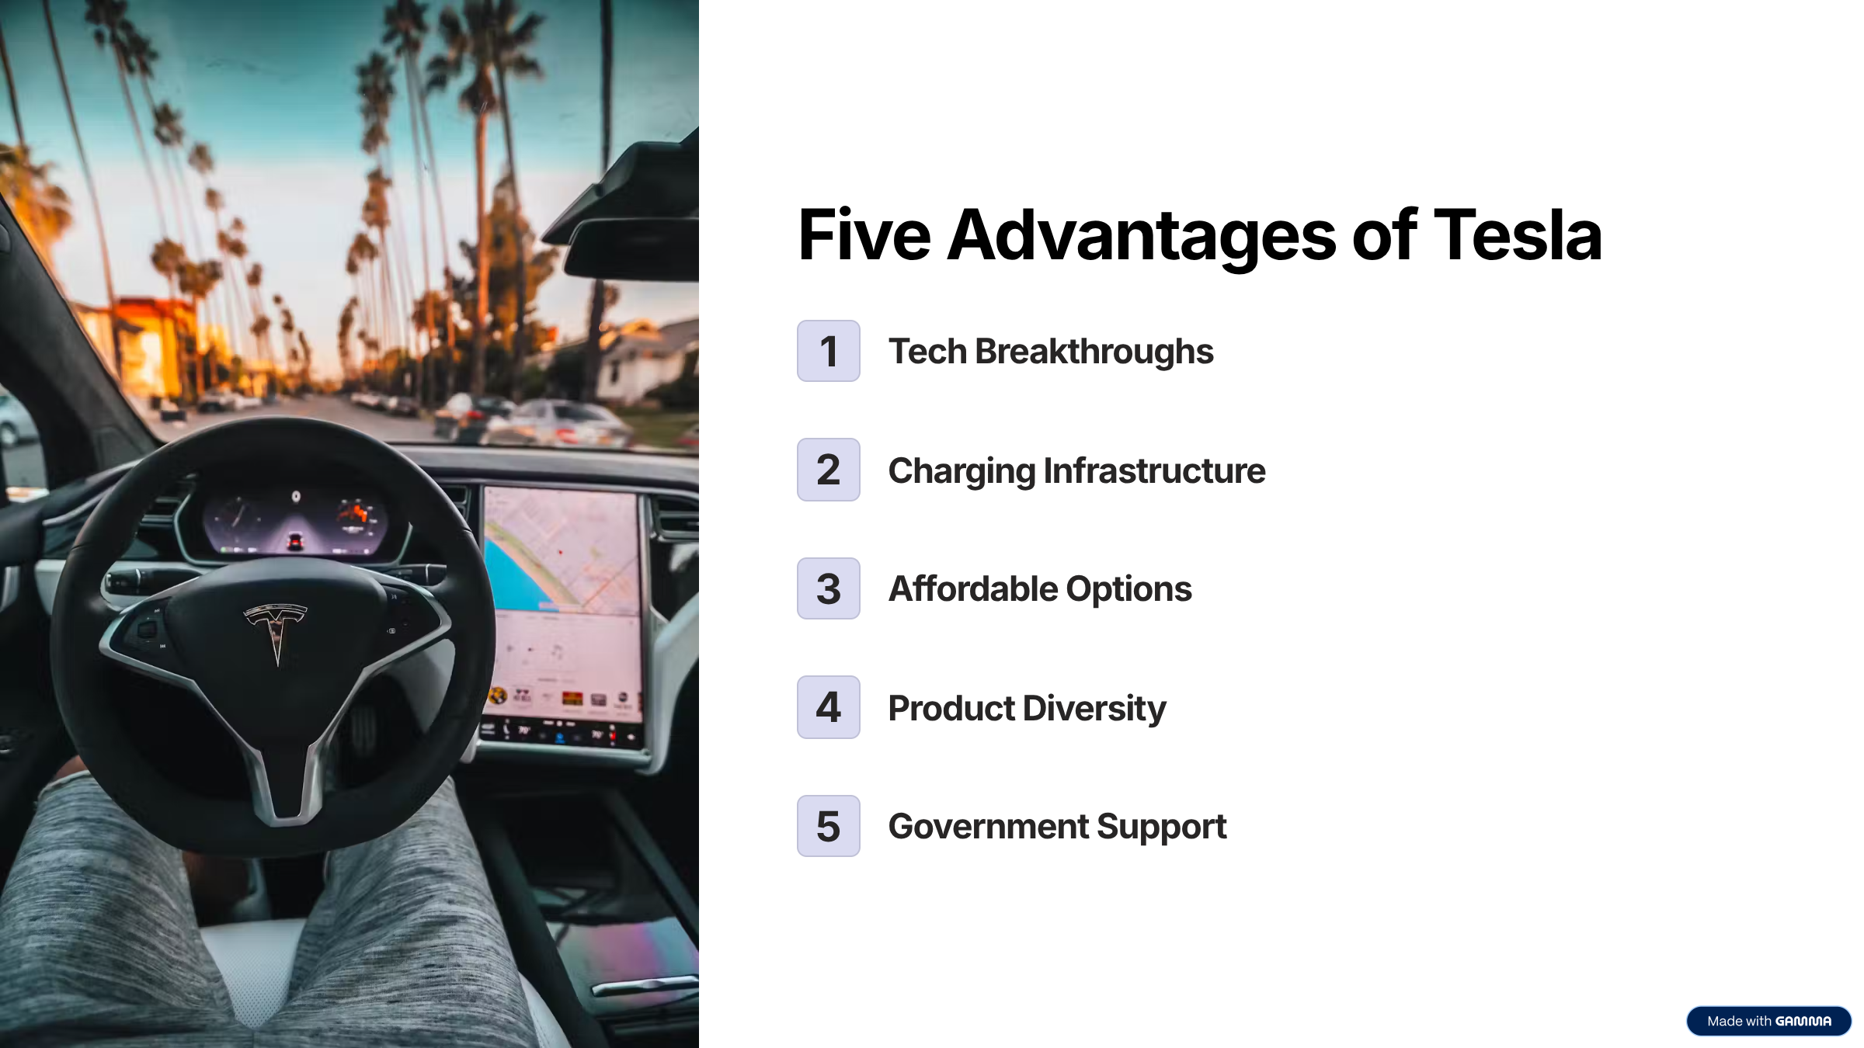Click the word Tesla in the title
click(x=1517, y=235)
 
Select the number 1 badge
click(x=829, y=351)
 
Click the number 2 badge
click(x=829, y=470)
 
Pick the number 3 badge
click(x=829, y=588)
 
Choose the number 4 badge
click(x=829, y=707)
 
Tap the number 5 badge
click(x=829, y=826)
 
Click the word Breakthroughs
click(x=1094, y=352)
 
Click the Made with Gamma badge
click(x=1768, y=1021)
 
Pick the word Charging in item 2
click(x=962, y=471)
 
